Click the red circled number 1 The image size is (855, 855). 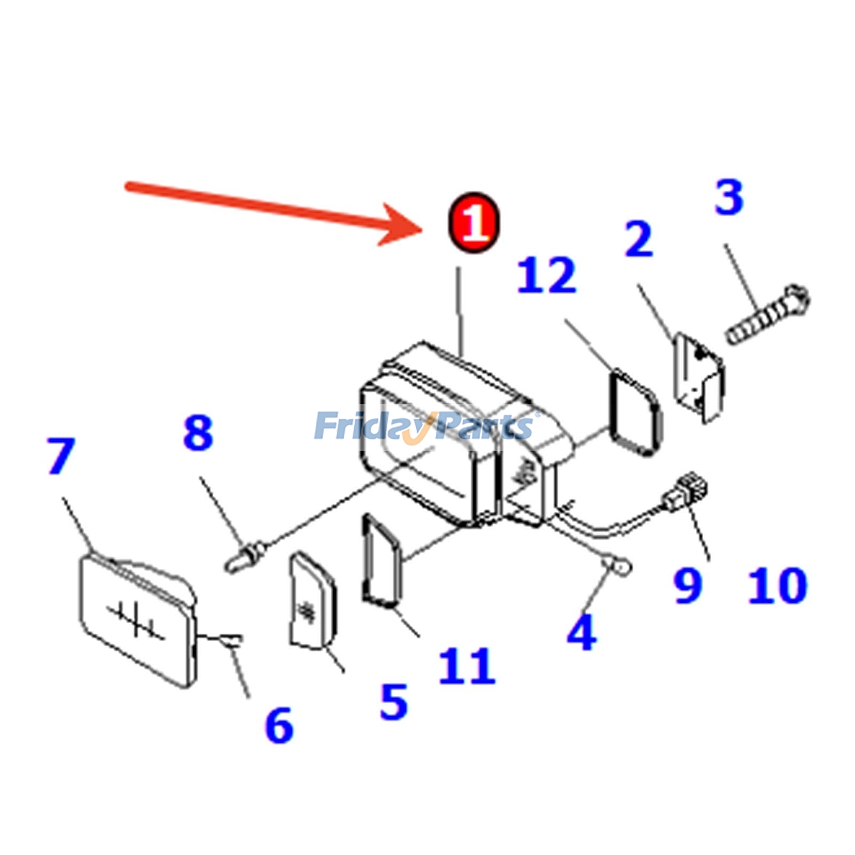(474, 222)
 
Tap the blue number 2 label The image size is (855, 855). (639, 239)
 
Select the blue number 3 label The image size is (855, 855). (729, 197)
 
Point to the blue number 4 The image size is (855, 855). (582, 632)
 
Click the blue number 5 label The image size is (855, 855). (394, 702)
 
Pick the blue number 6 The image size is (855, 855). (279, 725)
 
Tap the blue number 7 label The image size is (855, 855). (60, 456)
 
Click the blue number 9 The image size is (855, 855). (688, 585)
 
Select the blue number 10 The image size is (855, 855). (778, 586)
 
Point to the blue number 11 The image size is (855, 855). (467, 666)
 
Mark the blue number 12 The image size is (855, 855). (547, 275)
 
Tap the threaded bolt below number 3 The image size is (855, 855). (768, 315)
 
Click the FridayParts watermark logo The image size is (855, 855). (426, 426)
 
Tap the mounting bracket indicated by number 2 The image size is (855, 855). (699, 377)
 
